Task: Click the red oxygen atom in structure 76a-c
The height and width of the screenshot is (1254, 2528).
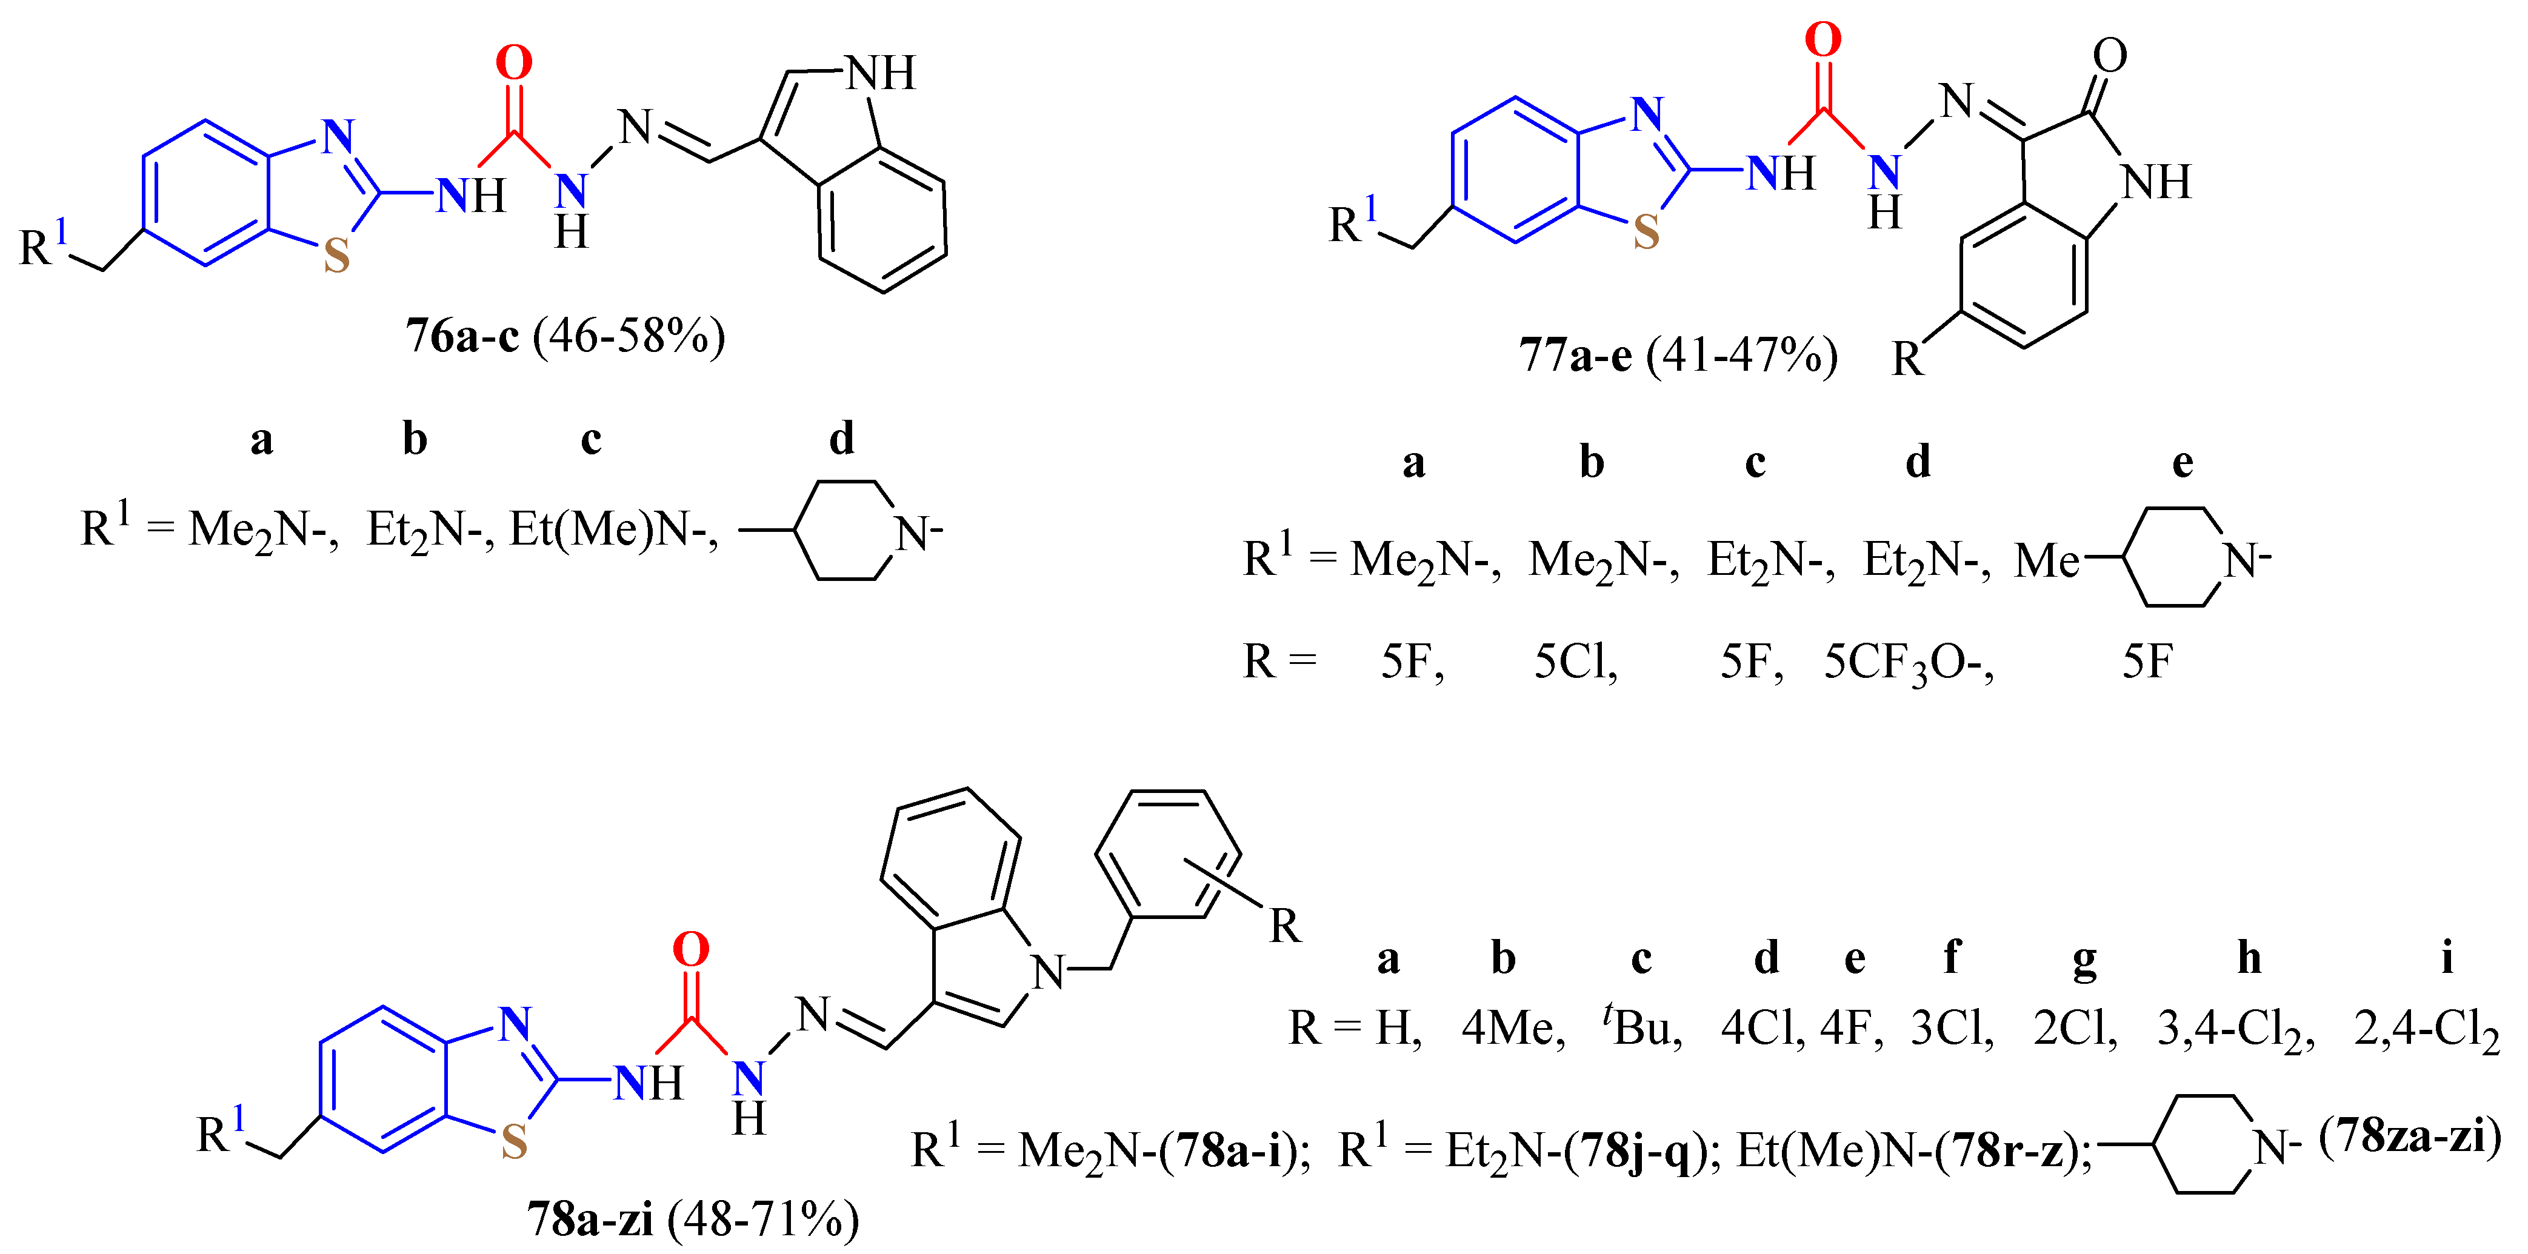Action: click(x=513, y=64)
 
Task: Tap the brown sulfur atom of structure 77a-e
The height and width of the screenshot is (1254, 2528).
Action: click(x=1646, y=233)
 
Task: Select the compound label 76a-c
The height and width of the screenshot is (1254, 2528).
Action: click(x=462, y=337)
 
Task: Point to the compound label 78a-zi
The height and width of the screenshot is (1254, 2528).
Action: click(x=590, y=1219)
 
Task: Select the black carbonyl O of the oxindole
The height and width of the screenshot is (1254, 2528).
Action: click(x=2110, y=56)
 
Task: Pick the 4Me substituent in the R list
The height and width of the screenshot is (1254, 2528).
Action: click(x=1512, y=1028)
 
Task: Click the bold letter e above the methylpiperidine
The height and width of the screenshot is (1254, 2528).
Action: click(x=2183, y=461)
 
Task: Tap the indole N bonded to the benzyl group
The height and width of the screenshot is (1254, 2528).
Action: click(x=1047, y=972)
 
